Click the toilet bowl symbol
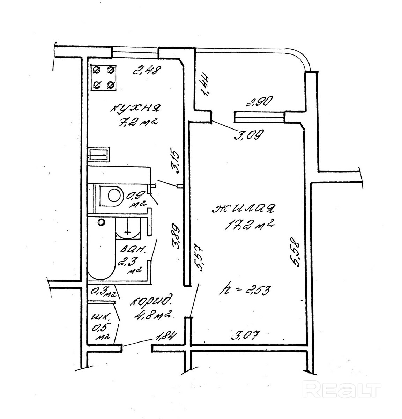[112, 195]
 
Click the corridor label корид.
[151, 301]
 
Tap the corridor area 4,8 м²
[154, 315]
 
